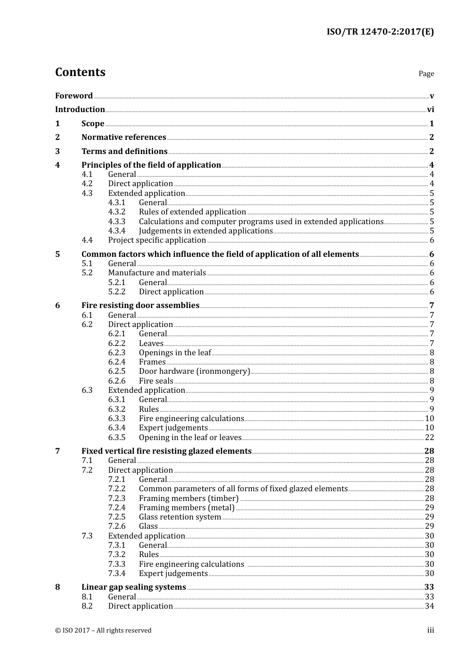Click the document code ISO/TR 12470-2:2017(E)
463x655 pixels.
click(380, 32)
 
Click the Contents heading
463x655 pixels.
click(80, 72)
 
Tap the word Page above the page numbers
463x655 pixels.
click(426, 74)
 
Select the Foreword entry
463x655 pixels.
click(74, 96)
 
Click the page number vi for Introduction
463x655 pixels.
click(430, 110)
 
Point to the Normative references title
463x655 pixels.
click(124, 137)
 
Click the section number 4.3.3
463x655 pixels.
click(116, 221)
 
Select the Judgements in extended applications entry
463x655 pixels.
click(206, 231)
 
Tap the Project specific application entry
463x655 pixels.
click(157, 240)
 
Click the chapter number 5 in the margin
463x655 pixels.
click(58, 254)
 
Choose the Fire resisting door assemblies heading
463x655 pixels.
click(140, 306)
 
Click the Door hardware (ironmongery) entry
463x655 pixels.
click(194, 371)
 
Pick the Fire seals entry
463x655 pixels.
click(156, 381)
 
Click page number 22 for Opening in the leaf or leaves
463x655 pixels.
click(429, 438)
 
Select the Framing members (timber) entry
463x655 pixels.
click(189, 499)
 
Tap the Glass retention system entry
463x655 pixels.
click(180, 517)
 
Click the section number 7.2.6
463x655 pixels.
click(116, 526)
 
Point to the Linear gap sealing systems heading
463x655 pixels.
click(134, 587)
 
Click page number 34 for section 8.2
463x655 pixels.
click(429, 606)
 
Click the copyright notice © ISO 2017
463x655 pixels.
click(103, 631)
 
